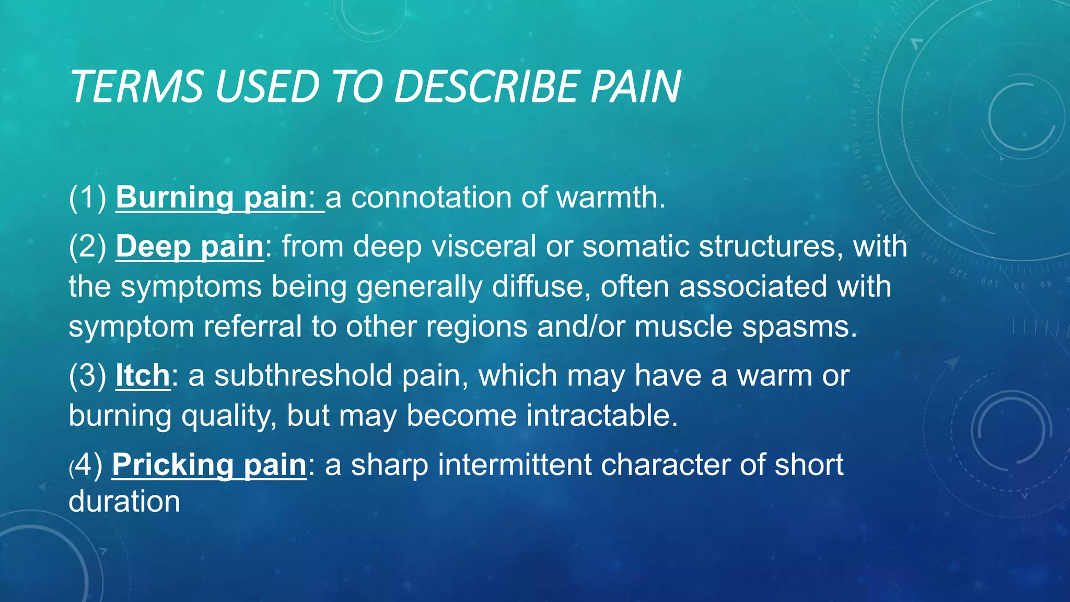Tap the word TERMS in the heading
tap(137, 86)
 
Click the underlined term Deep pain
tap(190, 246)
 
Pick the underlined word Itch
tap(143, 375)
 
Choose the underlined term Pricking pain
tap(209, 465)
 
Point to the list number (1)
tap(87, 198)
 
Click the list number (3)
tap(87, 375)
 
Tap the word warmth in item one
tap(610, 198)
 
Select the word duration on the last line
tap(124, 502)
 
